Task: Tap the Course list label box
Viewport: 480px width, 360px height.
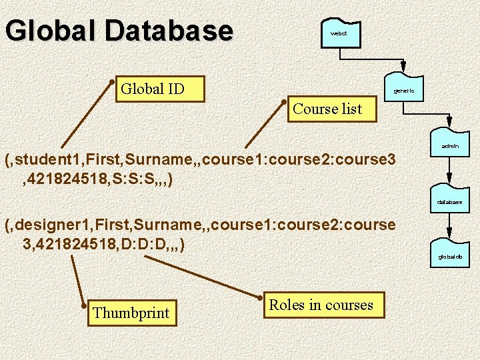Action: (327, 109)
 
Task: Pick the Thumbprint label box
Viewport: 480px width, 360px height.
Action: (131, 313)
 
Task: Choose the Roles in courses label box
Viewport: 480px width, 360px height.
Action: (321, 305)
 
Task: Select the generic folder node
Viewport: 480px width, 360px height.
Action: (404, 90)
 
